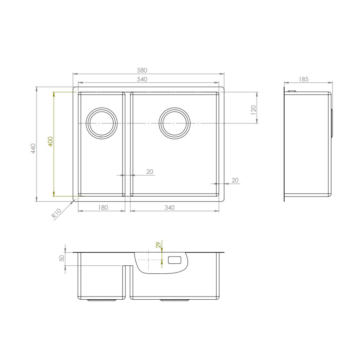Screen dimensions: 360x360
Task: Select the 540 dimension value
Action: coord(142,79)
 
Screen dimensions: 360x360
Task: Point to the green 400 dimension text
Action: coord(50,141)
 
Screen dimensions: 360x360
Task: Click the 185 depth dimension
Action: coord(304,79)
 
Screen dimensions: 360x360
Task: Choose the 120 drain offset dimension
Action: coord(253,110)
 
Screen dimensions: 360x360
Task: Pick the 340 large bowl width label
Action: coord(169,208)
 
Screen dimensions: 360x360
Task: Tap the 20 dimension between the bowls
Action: coord(150,172)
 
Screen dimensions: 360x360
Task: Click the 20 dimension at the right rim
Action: coord(235,181)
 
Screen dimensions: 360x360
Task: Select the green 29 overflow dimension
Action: coord(158,245)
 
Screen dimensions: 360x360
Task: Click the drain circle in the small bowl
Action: coord(102,123)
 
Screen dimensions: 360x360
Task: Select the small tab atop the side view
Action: coord(292,91)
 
